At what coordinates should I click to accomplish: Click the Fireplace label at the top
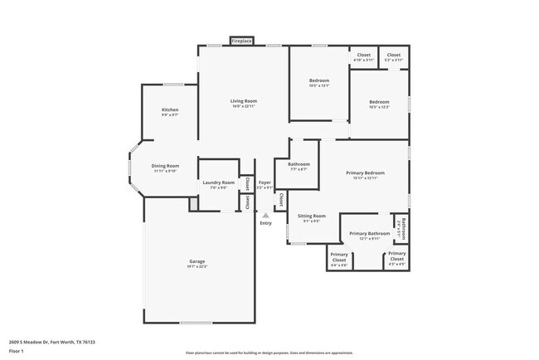[x=241, y=40]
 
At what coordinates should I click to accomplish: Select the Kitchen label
[x=170, y=110]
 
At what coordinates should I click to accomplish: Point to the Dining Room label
[x=165, y=166]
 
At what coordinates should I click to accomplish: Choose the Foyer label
[x=265, y=182]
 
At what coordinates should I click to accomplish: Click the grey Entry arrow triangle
[x=265, y=214]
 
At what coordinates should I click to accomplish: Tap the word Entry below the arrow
[x=265, y=222]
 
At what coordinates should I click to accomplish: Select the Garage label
[x=197, y=261]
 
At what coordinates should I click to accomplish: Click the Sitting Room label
[x=312, y=216]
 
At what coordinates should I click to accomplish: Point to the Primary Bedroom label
[x=366, y=173]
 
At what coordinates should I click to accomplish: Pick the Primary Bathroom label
[x=369, y=234]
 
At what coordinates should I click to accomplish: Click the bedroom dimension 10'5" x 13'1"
[x=319, y=85]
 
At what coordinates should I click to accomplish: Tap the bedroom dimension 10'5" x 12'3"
[x=380, y=106]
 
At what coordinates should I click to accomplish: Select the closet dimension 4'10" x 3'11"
[x=363, y=60]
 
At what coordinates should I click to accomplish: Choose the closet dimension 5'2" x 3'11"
[x=393, y=60]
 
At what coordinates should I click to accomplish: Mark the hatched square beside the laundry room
[x=193, y=202]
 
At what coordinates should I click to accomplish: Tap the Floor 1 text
[x=17, y=352]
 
